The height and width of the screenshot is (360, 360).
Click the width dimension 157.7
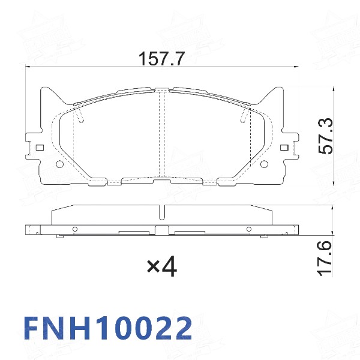click(161, 59)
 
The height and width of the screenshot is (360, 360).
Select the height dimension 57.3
click(325, 137)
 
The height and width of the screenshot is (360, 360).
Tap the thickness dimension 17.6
click(325, 258)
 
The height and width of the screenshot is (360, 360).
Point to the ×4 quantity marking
click(162, 266)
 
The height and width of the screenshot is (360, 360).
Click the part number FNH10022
click(108, 328)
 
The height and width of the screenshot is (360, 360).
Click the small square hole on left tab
click(40, 148)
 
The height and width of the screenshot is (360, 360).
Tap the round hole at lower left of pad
click(59, 165)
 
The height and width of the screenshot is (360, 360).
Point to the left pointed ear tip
click(43, 88)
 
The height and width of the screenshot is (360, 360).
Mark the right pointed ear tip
click(280, 88)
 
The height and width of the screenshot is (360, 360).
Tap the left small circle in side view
click(75, 229)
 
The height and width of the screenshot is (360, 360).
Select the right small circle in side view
click(248, 229)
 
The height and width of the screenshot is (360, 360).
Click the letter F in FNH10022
click(32, 328)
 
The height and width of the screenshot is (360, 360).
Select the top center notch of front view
click(161, 90)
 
